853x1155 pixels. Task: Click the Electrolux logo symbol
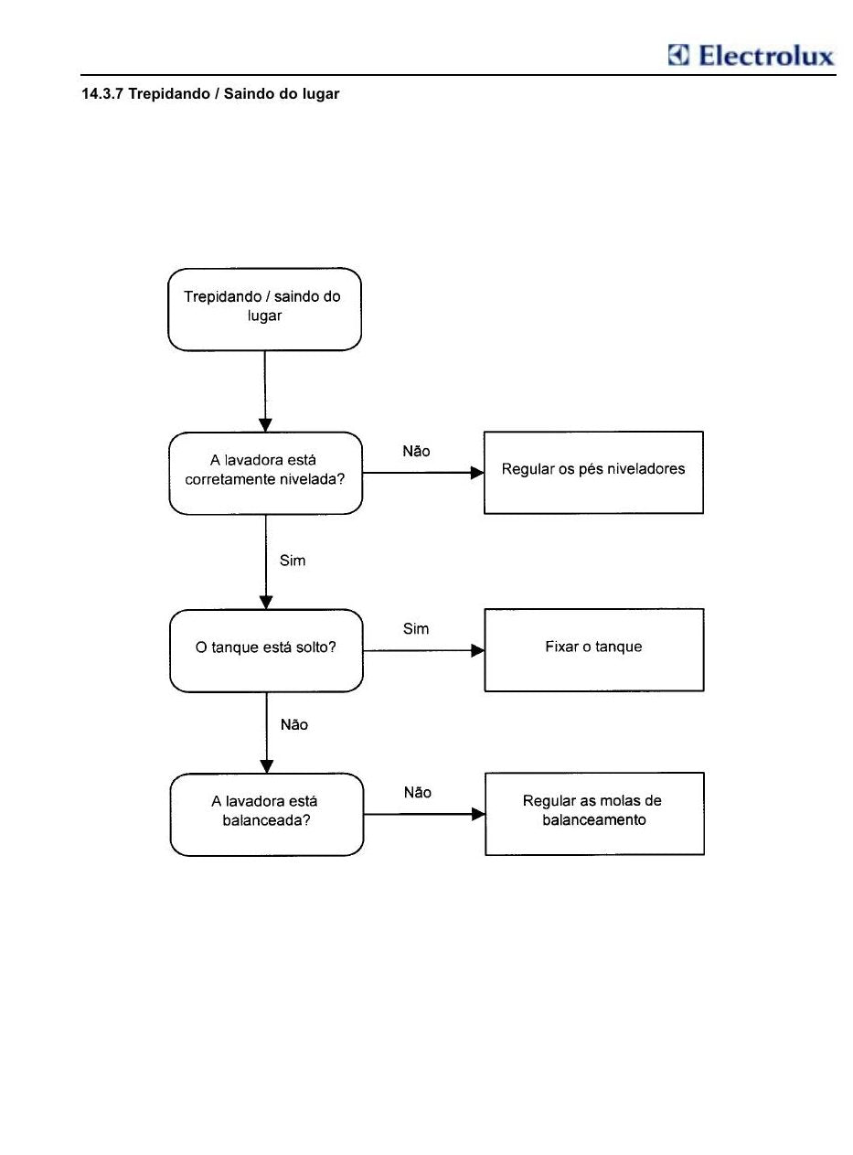678,55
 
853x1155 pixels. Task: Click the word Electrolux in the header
766,55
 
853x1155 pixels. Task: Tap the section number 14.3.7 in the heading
102,93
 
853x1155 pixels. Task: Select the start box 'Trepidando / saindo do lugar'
264,309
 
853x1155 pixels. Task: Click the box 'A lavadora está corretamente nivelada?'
265,474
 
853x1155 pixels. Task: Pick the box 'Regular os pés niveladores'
593,473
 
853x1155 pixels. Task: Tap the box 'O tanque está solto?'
266,651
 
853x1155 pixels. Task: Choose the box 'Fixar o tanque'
594,650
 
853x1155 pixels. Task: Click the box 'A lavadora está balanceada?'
267,815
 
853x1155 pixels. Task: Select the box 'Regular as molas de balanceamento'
594,814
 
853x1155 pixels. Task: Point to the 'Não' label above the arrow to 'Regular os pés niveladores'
416,451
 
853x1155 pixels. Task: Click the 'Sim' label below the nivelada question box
293,561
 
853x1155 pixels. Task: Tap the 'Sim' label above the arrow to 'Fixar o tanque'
416,628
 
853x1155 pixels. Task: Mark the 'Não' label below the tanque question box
294,724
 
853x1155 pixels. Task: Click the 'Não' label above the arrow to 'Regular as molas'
417,793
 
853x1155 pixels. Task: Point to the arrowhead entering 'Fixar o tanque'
478,650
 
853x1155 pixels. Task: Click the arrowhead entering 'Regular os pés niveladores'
477,473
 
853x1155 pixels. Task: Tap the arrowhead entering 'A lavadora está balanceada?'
267,767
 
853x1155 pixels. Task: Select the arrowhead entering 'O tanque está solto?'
266,603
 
